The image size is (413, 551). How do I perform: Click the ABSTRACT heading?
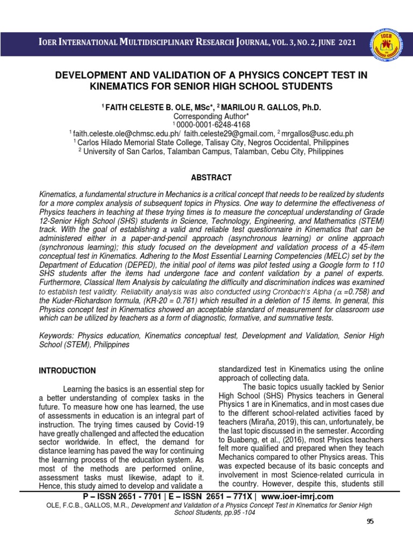point(206,178)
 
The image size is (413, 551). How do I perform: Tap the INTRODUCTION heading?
point(67,371)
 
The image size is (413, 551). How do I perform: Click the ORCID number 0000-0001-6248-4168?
point(206,125)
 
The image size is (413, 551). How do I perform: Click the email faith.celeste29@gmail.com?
point(230,133)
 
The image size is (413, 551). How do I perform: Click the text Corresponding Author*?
point(206,116)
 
